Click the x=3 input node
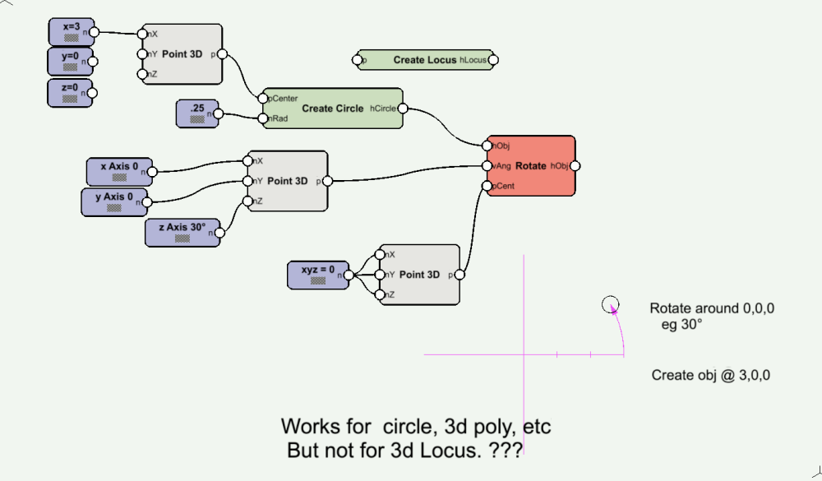(x=70, y=32)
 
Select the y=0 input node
(x=70, y=62)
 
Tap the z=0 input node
(x=70, y=92)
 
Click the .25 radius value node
(x=197, y=113)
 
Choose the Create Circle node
(x=332, y=109)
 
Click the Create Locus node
(x=424, y=60)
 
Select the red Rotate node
(x=530, y=166)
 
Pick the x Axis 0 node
(x=120, y=171)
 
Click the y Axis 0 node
(x=115, y=201)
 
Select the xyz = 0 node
(x=317, y=275)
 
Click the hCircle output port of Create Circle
(x=403, y=108)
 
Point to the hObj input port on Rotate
(x=487, y=146)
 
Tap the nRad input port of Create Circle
(x=262, y=118)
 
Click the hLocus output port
(x=492, y=60)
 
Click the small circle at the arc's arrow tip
(x=610, y=305)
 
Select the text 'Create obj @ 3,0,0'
(x=710, y=375)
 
